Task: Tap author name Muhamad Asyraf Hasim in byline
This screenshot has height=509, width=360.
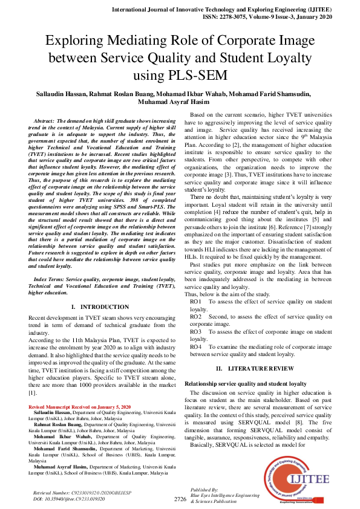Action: (180, 102)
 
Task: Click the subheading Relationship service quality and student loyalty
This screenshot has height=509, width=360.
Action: (245, 384)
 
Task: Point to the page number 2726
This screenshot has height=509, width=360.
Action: (180, 499)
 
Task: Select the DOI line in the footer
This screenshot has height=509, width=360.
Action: (71, 499)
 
